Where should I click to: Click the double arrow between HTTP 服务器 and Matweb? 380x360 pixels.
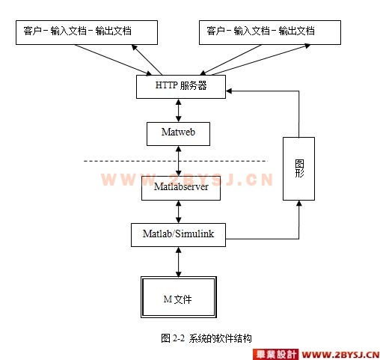pyautogui.click(x=179, y=110)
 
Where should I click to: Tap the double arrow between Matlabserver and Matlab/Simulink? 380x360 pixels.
pyautogui.click(x=179, y=212)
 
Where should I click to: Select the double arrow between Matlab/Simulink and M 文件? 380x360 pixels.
pyautogui.click(x=179, y=262)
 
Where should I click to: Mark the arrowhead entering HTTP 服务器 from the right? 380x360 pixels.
pyautogui.click(x=229, y=91)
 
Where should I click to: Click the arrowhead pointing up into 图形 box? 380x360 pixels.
pyautogui.click(x=299, y=203)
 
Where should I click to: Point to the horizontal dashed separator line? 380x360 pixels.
pyautogui.click(x=176, y=161)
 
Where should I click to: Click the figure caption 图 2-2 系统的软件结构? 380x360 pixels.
pyautogui.click(x=206, y=338)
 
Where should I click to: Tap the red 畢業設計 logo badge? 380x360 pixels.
pyautogui.click(x=275, y=354)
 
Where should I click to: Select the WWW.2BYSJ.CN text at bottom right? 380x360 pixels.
pyautogui.click(x=340, y=355)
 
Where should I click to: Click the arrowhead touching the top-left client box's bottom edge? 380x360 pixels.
pyautogui.click(x=134, y=47)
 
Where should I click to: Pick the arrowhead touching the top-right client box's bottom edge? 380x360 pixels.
pyautogui.click(x=307, y=46)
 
